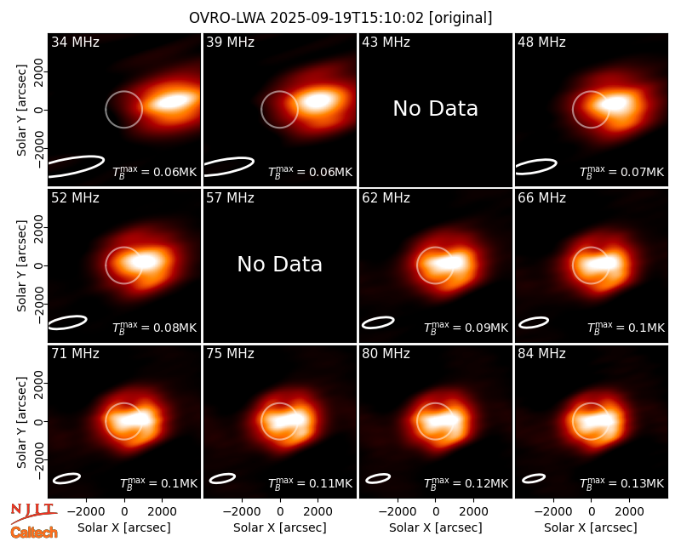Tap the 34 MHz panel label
(75, 42)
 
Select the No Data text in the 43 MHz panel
(435, 108)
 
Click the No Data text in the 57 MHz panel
(280, 264)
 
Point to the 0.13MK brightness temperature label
(622, 482)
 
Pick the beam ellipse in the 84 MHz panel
(534, 478)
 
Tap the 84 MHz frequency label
(541, 354)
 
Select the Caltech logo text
(34, 533)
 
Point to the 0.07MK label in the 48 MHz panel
(622, 172)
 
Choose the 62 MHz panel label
(386, 198)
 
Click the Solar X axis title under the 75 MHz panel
(280, 527)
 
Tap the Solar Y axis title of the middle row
(21, 265)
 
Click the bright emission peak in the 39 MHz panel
(318, 101)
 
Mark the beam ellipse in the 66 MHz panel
(534, 322)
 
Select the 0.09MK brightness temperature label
(466, 328)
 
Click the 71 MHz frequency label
(75, 354)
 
